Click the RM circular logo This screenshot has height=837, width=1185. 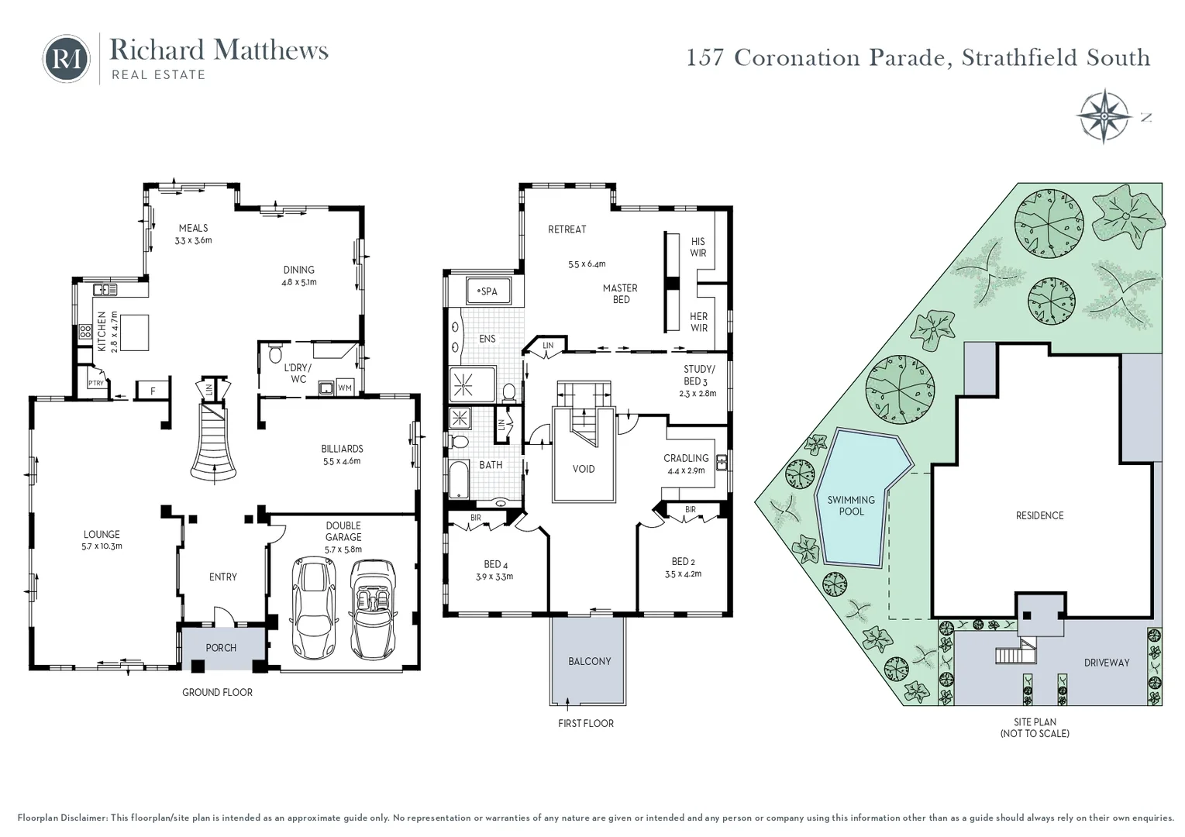[67, 58]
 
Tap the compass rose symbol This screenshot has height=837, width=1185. [1103, 116]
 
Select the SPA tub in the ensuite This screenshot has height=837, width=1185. [488, 291]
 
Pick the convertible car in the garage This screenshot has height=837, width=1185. [373, 608]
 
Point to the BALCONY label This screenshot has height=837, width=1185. [589, 661]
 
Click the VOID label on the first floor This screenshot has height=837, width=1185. [584, 469]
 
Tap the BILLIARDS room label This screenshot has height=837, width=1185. [342, 449]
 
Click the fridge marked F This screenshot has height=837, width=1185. [153, 391]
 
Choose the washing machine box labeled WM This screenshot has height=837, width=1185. [345, 387]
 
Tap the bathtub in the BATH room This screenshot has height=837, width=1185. [458, 480]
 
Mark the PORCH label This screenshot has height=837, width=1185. [221, 648]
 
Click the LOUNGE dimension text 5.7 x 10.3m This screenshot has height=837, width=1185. [102, 546]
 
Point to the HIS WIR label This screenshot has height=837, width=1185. [698, 247]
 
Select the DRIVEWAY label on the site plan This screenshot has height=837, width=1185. [1106, 663]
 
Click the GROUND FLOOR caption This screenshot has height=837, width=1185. [217, 692]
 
